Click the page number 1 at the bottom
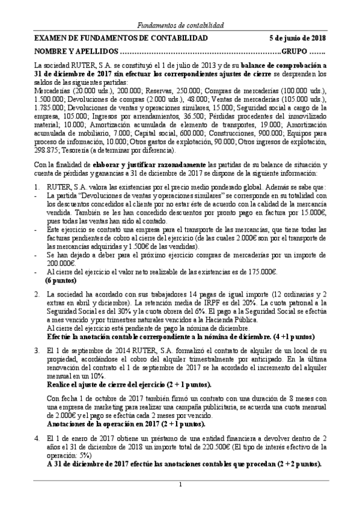click(x=180, y=484)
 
